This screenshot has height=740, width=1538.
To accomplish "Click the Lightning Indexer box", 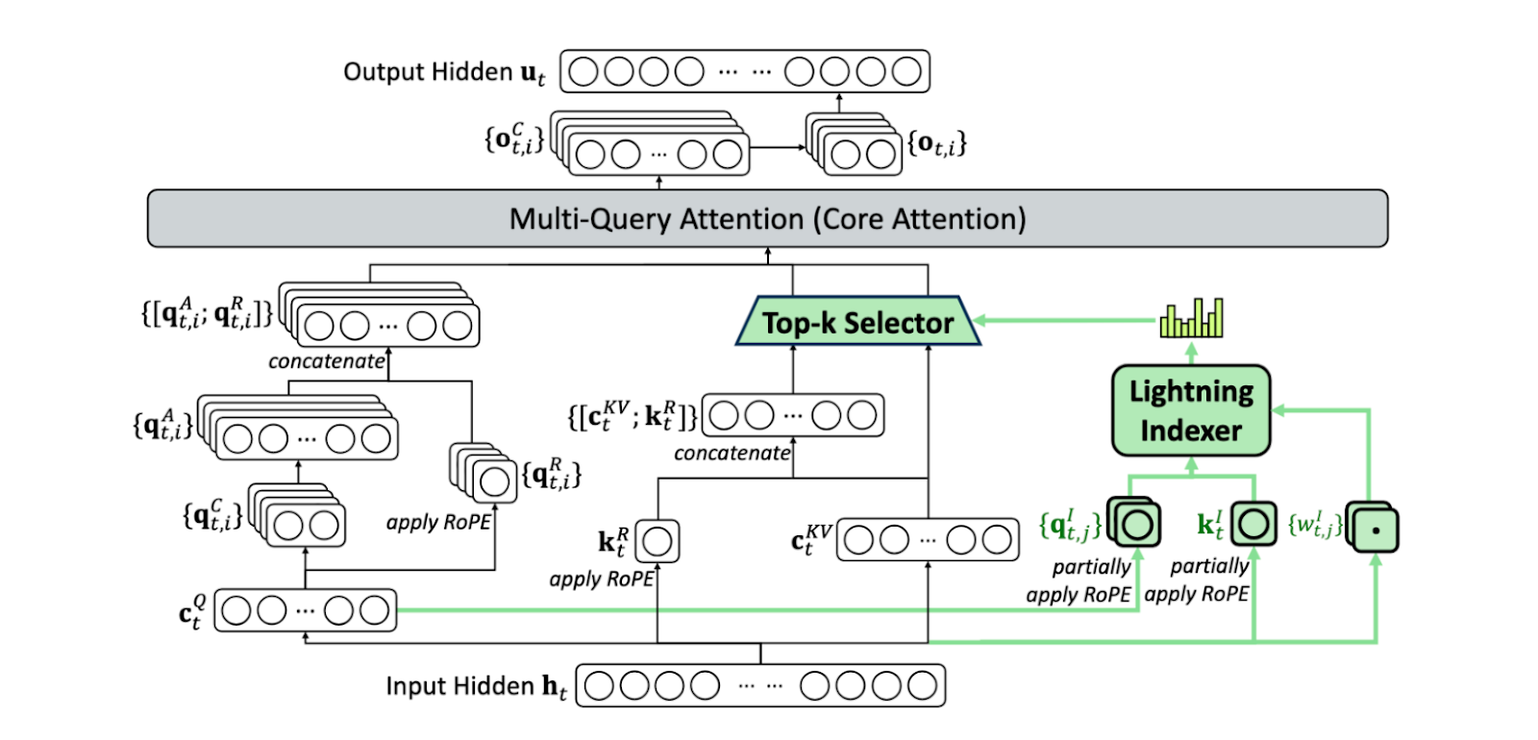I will tap(1191, 410).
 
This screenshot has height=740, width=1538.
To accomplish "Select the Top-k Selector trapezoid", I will tap(857, 322).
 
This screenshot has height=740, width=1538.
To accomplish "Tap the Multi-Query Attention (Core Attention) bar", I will tap(767, 219).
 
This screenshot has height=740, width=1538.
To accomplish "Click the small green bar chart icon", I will tap(1192, 318).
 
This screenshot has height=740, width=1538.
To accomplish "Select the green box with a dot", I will tap(1374, 528).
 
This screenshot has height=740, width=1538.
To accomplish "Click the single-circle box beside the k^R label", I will tap(657, 541).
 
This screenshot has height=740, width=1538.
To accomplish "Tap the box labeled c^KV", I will tap(928, 540).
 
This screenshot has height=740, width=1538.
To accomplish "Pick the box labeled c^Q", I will tap(305, 610).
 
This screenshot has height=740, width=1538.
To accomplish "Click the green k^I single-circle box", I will tap(1253, 525).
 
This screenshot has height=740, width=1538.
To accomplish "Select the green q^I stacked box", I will tap(1135, 524).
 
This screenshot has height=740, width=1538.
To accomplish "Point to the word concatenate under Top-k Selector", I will tap(732, 454).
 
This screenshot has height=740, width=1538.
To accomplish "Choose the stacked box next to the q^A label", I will tap(302, 432).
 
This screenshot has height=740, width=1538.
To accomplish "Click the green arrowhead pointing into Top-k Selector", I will tap(981, 321).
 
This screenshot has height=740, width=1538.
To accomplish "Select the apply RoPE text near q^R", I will tap(438, 523).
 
